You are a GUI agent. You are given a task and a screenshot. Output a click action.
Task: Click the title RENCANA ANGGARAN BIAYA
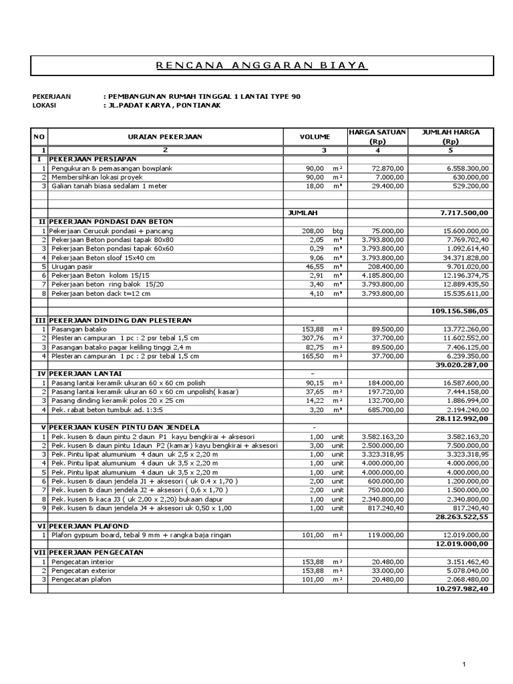tap(262, 65)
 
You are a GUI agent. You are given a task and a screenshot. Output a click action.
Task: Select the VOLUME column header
tap(315, 137)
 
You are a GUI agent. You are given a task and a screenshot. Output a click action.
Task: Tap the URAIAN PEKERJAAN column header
tap(164, 137)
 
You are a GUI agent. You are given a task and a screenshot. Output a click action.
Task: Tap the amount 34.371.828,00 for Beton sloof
tap(462, 257)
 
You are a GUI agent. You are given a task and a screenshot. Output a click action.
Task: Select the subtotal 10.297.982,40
tap(462, 588)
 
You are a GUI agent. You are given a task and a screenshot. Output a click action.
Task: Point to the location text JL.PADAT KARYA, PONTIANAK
tap(162, 106)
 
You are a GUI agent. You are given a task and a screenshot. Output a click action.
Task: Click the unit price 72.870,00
tap(386, 168)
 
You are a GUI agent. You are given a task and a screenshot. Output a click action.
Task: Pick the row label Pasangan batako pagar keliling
tap(119, 347)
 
